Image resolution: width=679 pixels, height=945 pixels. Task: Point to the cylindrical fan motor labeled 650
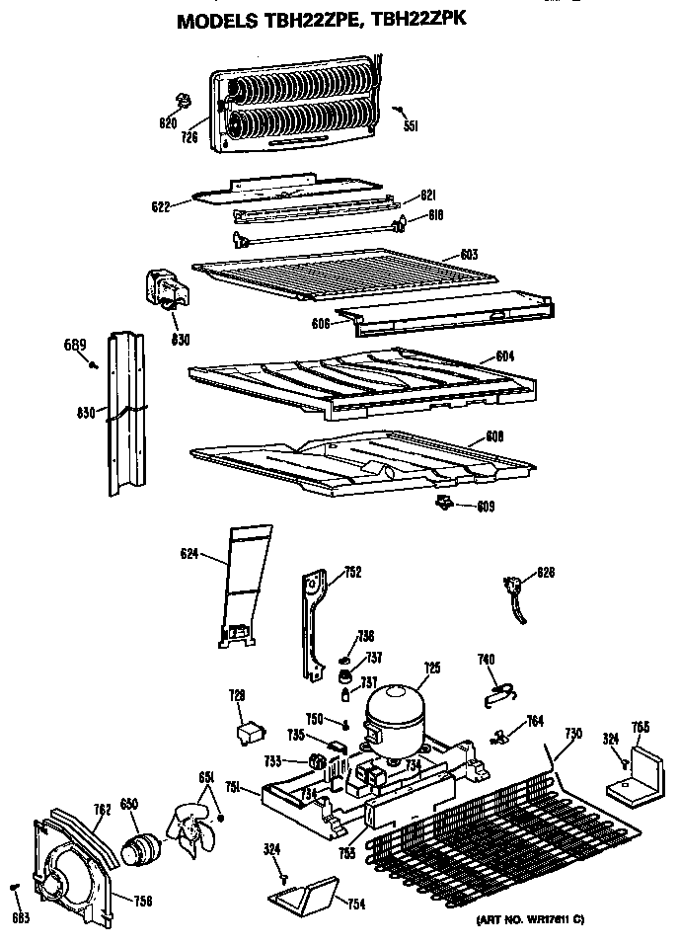pyautogui.click(x=139, y=847)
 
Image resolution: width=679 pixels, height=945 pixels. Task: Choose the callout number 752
pyautogui.click(x=351, y=571)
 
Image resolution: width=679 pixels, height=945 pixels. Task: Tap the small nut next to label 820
pyautogui.click(x=184, y=102)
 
